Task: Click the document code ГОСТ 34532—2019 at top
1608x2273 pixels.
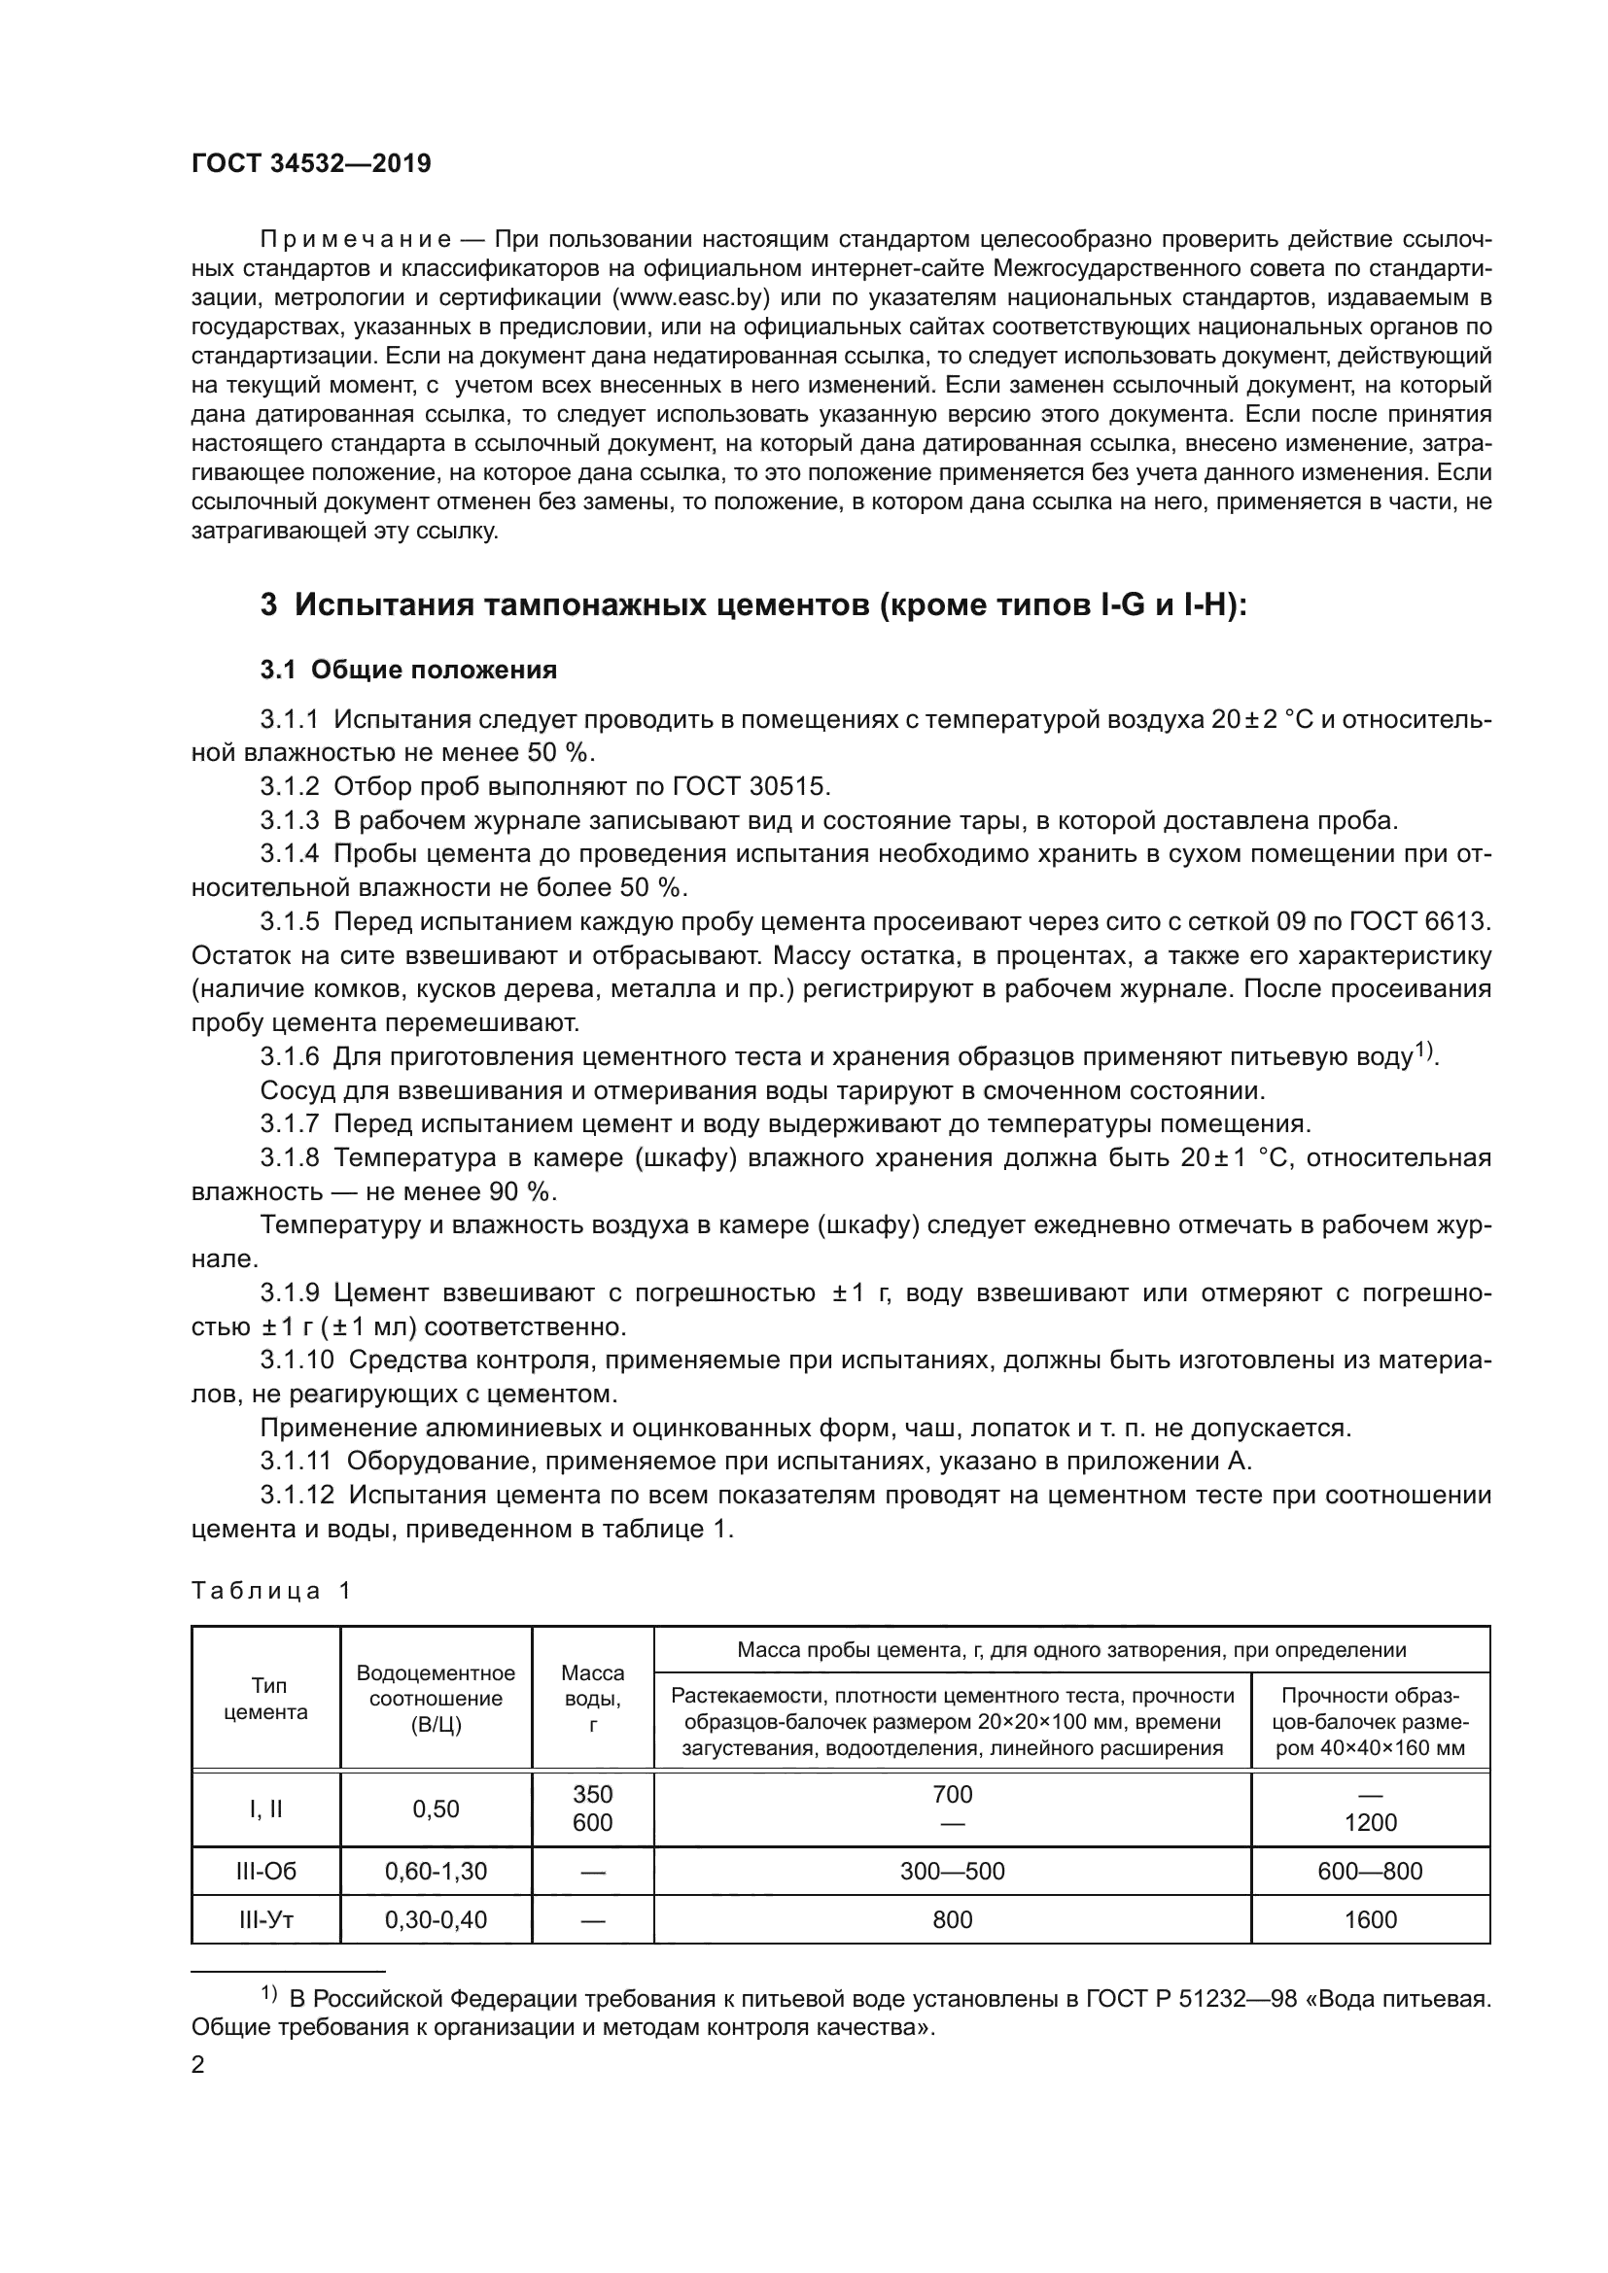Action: tap(311, 164)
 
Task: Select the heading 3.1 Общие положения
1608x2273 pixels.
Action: tap(408, 671)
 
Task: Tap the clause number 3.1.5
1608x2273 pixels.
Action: tap(289, 921)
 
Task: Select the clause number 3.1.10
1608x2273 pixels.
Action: tap(296, 1360)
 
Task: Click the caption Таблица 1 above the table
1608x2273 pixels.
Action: tap(270, 1591)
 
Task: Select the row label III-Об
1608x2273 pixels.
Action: tap(265, 1871)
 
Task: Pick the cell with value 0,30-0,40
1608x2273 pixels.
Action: tap(436, 1919)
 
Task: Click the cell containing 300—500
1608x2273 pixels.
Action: tap(952, 1871)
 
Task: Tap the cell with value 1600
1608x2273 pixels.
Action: tap(1371, 1919)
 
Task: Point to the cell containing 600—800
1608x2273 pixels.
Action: tap(1371, 1871)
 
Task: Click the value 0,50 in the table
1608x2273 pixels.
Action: tap(436, 1808)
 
